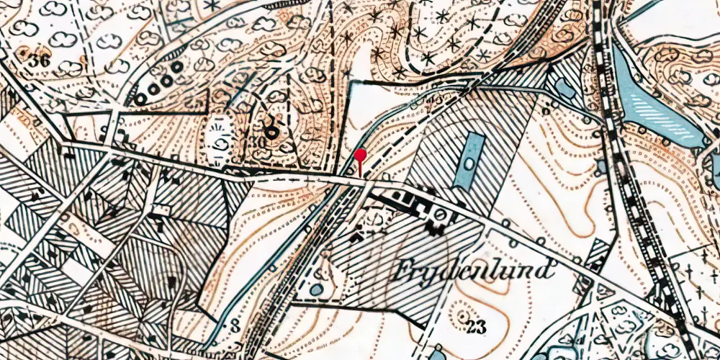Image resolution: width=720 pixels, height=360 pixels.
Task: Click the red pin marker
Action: point(360,155)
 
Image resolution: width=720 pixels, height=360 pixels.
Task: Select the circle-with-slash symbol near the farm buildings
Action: point(438,215)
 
